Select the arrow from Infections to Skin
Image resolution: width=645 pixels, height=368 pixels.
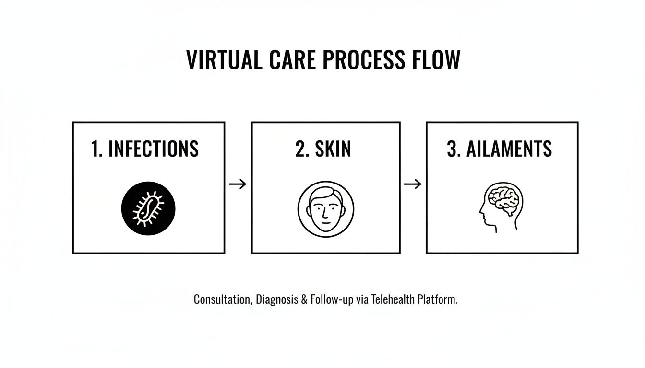(x=238, y=184)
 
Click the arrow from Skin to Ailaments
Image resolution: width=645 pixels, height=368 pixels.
(x=413, y=184)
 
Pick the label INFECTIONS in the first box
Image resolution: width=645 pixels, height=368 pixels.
(x=154, y=149)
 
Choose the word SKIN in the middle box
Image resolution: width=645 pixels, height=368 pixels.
(x=333, y=149)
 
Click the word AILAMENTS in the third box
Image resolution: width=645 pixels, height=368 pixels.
(x=509, y=149)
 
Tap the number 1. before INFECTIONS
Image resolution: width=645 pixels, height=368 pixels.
(x=96, y=149)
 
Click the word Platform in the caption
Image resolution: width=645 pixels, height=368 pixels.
(x=437, y=300)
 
